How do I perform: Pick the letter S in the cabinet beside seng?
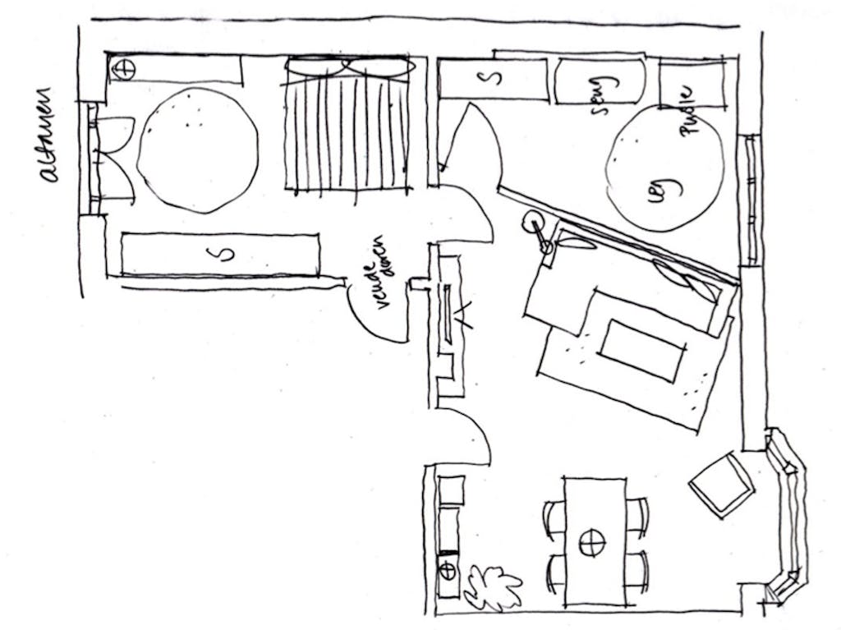(x=491, y=79)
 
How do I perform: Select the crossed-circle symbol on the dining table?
(x=591, y=542)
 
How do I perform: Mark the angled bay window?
(x=787, y=517)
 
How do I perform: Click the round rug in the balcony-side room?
(x=198, y=150)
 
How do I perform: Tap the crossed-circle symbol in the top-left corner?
(x=123, y=69)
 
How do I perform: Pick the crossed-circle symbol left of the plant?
(x=448, y=569)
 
